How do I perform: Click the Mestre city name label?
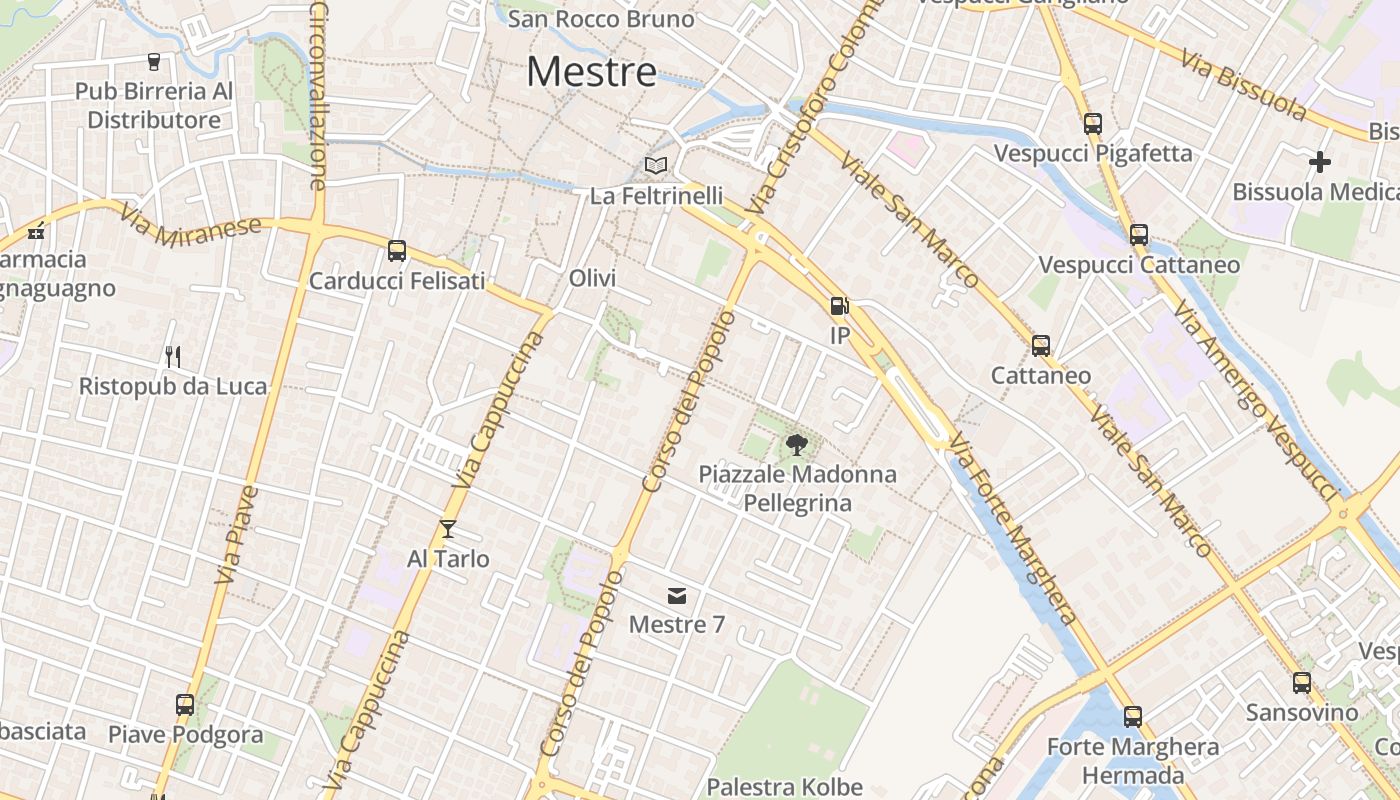[592, 71]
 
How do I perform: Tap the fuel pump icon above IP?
[839, 305]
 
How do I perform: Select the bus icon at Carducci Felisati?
[397, 251]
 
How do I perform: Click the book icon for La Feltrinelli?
[656, 165]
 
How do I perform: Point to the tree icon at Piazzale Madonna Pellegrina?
[797, 444]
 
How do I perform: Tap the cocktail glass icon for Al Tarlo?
[448, 529]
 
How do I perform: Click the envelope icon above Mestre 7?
[677, 596]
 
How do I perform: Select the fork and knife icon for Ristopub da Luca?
[173, 356]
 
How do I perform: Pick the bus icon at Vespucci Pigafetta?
[1092, 124]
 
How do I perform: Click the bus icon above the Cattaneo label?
[1041, 346]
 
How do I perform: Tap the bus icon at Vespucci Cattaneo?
[1139, 235]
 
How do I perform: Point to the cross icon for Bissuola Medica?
[1320, 161]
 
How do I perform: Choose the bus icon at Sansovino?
[1301, 683]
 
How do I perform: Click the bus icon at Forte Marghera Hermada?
[1133, 717]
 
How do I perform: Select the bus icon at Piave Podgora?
[185, 705]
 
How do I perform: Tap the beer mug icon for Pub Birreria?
[154, 62]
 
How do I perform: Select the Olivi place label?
[592, 278]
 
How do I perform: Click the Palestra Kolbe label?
[785, 787]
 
